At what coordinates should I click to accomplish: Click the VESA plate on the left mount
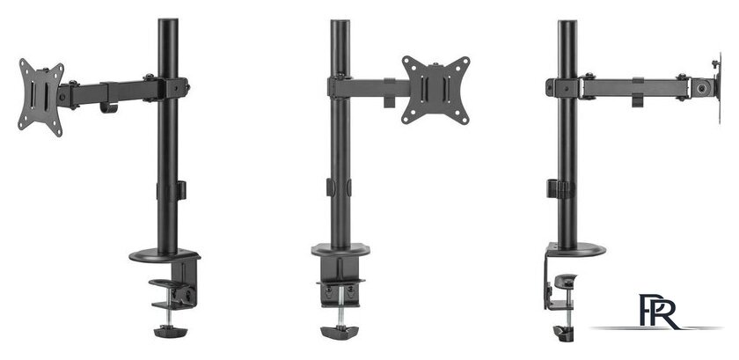point(41,97)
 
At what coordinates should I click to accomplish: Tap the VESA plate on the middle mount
point(436,90)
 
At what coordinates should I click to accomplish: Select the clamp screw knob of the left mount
point(171,331)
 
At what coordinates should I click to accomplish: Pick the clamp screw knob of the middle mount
point(340,332)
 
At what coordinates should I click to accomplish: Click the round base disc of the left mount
point(165,256)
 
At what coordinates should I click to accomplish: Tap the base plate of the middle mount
point(340,250)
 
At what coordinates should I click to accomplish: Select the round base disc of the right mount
point(576,249)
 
